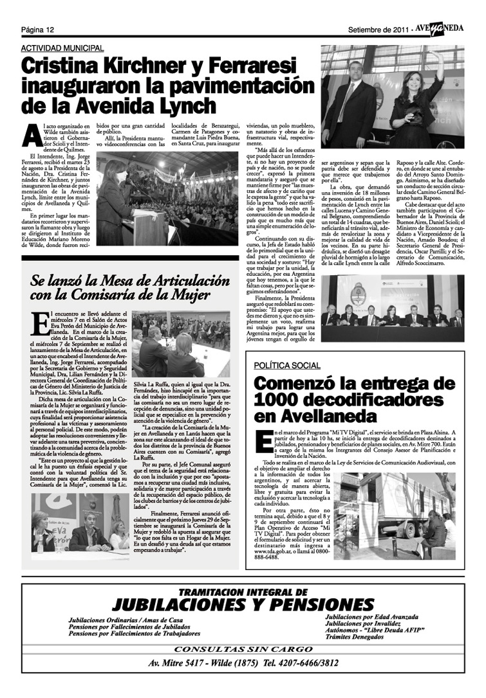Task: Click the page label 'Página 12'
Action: [x=37, y=30]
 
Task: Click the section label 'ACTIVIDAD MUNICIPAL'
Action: [x=62, y=48]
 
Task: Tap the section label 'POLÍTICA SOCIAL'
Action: [x=287, y=365]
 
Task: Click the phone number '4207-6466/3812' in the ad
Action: [x=305, y=663]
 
